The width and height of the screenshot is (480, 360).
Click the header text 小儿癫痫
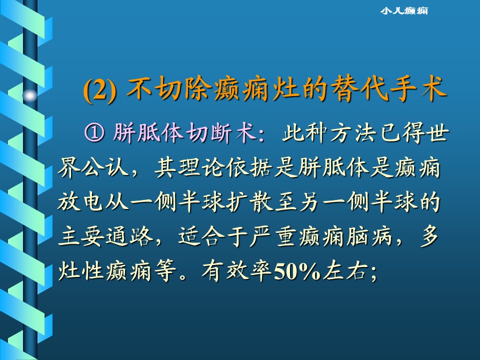click(x=404, y=10)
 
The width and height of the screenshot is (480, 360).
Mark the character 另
click(x=308, y=202)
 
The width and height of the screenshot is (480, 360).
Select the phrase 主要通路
click(x=105, y=237)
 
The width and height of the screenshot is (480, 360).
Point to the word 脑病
click(x=369, y=237)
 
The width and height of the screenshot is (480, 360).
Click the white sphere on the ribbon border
click(x=30, y=96)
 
